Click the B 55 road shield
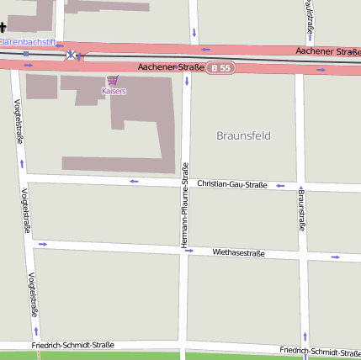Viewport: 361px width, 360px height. click(x=221, y=67)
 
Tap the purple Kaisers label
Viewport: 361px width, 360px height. click(x=114, y=91)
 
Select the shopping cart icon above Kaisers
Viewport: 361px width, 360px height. click(x=114, y=80)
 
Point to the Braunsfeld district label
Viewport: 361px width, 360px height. click(x=243, y=135)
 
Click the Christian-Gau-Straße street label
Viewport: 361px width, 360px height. click(x=231, y=183)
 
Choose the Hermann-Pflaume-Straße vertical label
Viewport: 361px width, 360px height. click(x=185, y=204)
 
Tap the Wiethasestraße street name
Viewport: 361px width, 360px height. click(x=238, y=251)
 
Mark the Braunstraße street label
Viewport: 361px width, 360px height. click(x=301, y=209)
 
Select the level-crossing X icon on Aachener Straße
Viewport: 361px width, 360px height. click(x=72, y=56)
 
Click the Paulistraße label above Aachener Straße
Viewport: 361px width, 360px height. click(x=311, y=19)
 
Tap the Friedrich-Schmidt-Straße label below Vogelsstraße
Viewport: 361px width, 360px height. click(x=72, y=345)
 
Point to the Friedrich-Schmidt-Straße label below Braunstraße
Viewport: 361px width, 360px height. click(x=320, y=350)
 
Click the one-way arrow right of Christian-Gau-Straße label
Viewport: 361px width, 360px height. click(x=280, y=186)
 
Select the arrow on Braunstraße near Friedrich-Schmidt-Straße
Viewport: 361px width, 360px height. click(x=305, y=336)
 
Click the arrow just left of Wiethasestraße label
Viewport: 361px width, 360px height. click(x=189, y=250)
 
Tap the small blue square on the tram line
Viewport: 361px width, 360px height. click(x=26, y=54)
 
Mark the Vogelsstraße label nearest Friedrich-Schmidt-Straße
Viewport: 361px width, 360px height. click(x=33, y=294)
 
